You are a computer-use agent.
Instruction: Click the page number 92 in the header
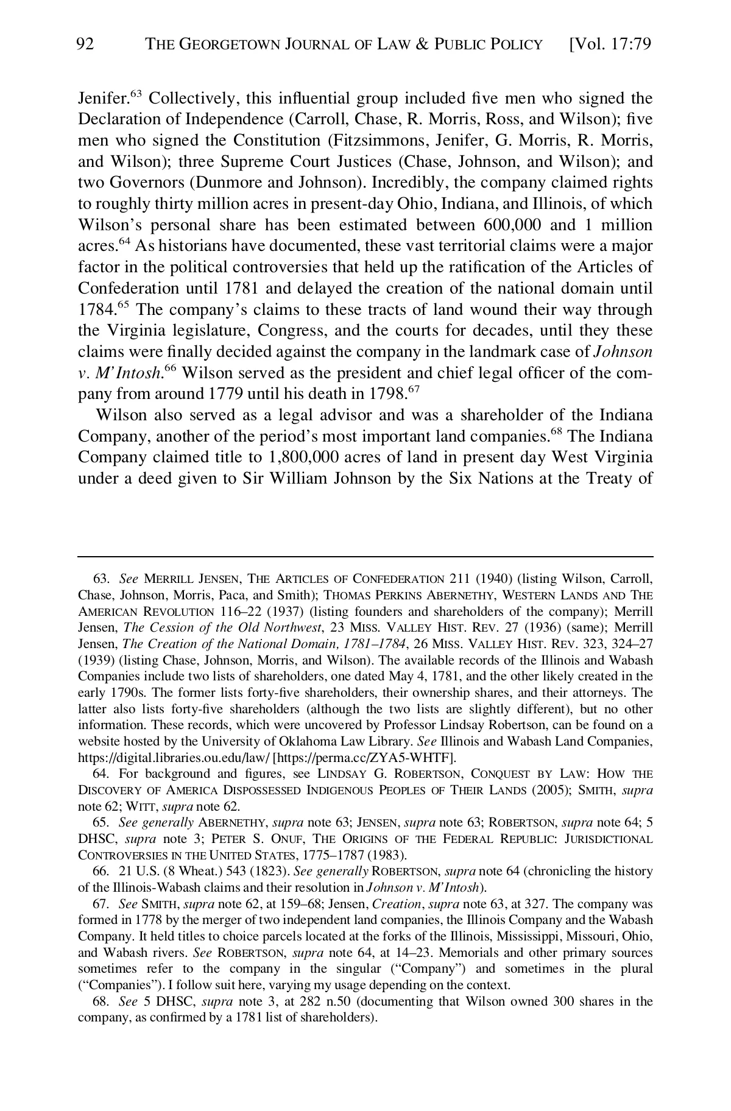(86, 44)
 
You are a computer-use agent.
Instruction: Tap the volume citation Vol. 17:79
(610, 44)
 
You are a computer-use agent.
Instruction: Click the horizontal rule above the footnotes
(365, 556)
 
